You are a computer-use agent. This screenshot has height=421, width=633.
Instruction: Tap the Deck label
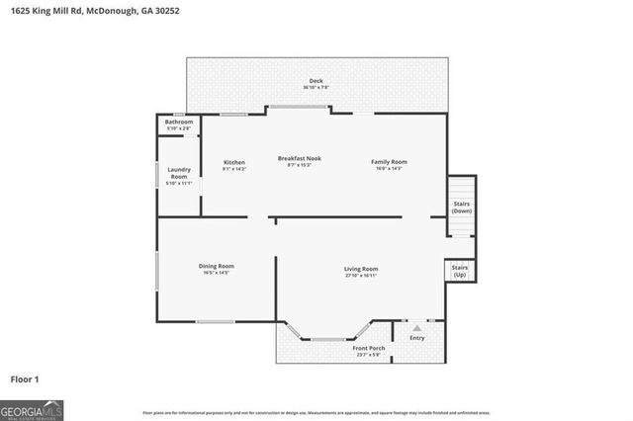click(316, 81)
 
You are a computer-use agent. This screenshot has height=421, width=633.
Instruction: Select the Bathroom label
click(179, 122)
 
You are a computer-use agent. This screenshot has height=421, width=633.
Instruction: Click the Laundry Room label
click(179, 172)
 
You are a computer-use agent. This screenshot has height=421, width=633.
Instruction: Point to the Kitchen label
click(234, 161)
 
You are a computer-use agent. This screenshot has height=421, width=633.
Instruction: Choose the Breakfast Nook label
click(299, 158)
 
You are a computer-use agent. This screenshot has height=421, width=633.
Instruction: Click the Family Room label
click(389, 161)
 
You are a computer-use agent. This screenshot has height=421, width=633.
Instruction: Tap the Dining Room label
click(217, 265)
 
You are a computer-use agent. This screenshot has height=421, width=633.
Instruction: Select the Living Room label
click(361, 268)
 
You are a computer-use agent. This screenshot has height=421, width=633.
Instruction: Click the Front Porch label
click(367, 348)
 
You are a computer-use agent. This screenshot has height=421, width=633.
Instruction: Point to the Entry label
click(417, 338)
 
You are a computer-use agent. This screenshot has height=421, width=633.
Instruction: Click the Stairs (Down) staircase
click(461, 207)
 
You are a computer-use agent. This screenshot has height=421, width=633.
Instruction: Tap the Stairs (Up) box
click(460, 270)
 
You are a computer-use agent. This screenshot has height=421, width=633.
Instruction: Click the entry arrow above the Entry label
click(417, 326)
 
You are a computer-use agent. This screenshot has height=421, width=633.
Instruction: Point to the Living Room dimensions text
click(361, 276)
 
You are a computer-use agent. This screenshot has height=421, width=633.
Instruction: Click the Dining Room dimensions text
click(217, 273)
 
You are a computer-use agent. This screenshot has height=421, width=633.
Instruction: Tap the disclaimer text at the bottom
click(316, 412)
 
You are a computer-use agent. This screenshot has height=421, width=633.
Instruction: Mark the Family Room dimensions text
click(389, 169)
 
